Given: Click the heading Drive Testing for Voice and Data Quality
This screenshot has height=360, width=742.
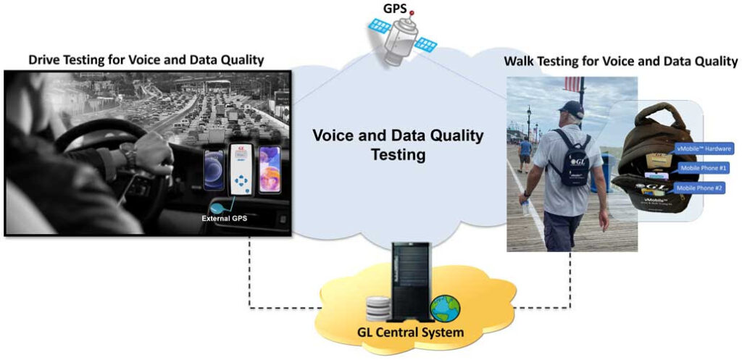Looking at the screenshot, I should [146, 60].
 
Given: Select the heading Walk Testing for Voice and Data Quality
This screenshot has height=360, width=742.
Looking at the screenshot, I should [621, 62].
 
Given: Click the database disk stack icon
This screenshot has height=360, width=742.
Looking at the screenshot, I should [378, 307].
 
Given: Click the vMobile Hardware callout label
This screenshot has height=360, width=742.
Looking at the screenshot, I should [704, 148].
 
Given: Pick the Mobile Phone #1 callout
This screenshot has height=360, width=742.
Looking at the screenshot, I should [704, 168].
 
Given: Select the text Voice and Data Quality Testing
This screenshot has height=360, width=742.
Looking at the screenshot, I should [397, 145].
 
